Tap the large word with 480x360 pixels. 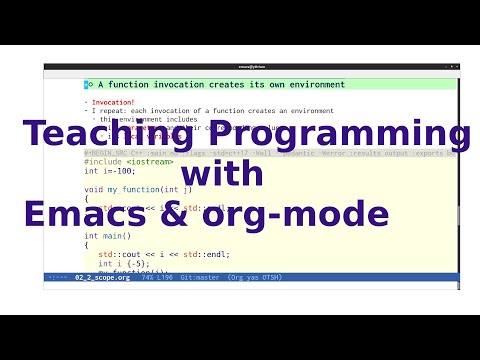point(225,175)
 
